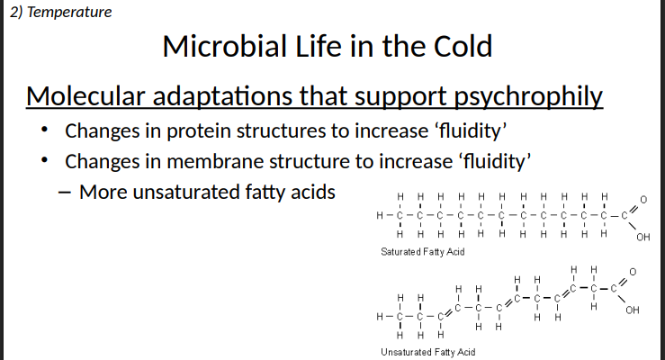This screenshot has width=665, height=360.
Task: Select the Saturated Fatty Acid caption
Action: point(423,251)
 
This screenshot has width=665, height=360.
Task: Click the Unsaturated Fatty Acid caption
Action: point(427,352)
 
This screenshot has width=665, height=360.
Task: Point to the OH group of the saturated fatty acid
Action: point(642,238)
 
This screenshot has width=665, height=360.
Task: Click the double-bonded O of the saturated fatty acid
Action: point(643,198)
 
